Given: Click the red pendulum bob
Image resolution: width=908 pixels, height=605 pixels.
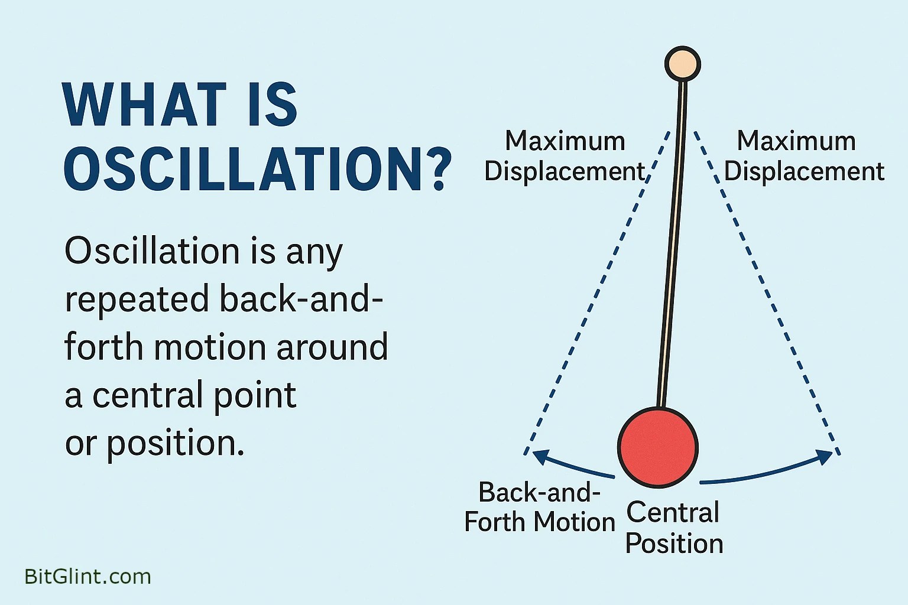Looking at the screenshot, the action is [x=658, y=447].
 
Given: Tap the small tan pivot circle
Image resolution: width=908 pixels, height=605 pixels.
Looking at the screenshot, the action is [x=682, y=64].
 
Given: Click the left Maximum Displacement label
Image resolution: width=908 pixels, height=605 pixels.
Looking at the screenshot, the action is [x=565, y=157].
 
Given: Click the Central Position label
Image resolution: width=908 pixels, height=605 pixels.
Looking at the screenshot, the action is [x=674, y=528].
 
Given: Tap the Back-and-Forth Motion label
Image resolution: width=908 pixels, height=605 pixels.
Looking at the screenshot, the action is [x=539, y=507].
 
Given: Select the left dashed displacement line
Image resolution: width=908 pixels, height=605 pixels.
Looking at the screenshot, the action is [x=597, y=295].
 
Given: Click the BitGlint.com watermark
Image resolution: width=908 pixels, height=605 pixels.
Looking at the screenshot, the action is [x=87, y=576].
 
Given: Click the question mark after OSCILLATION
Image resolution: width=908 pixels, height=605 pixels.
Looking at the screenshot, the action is [x=438, y=170].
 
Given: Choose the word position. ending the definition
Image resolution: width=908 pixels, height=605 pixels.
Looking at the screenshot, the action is [x=176, y=444].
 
